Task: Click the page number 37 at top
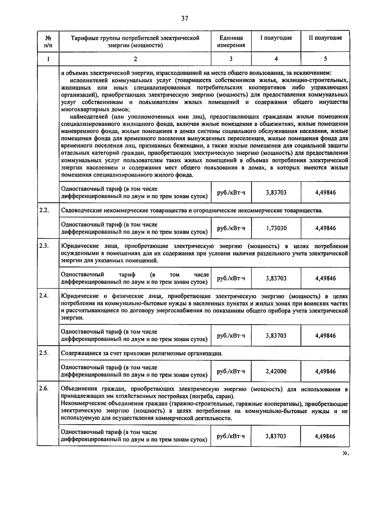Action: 185,18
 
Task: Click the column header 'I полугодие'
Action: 276,38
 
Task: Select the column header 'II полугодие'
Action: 325,38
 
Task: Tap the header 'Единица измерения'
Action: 231,41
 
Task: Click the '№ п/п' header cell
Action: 48,41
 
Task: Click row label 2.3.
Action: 44,246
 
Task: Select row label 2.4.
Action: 44,296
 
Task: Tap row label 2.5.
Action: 44,353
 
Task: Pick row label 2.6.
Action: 44,389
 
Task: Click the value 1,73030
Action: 276,228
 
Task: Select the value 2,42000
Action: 276,371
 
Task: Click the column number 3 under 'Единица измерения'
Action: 231,59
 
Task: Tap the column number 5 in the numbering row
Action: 325,59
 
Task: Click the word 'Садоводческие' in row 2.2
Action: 79,210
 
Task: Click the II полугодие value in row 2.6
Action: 325,436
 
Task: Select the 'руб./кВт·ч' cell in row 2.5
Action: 231,371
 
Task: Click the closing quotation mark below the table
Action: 345,453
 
